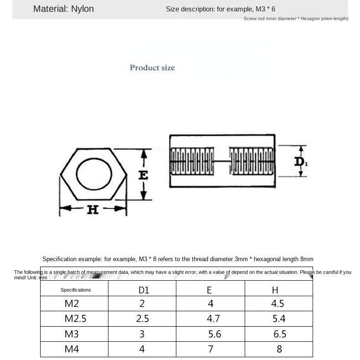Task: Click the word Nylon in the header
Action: coord(82,9)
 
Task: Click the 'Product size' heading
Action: coord(152,68)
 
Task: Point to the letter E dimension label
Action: coord(143,175)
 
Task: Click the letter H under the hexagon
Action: coord(93,210)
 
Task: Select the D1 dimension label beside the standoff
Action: coord(301,162)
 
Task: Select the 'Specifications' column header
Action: coord(76,290)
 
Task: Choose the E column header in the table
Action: coord(210,290)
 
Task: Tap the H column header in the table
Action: coord(275,290)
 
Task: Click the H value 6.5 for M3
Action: coord(280,334)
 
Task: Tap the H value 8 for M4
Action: coord(279,349)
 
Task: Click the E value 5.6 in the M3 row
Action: coord(214,334)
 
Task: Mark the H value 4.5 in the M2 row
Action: coord(278,304)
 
